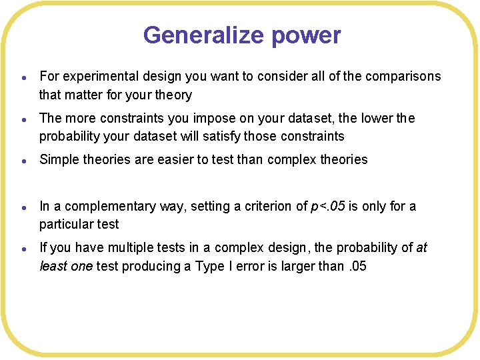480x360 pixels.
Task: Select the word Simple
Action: click(60, 159)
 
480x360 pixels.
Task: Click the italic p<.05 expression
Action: click(328, 206)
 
